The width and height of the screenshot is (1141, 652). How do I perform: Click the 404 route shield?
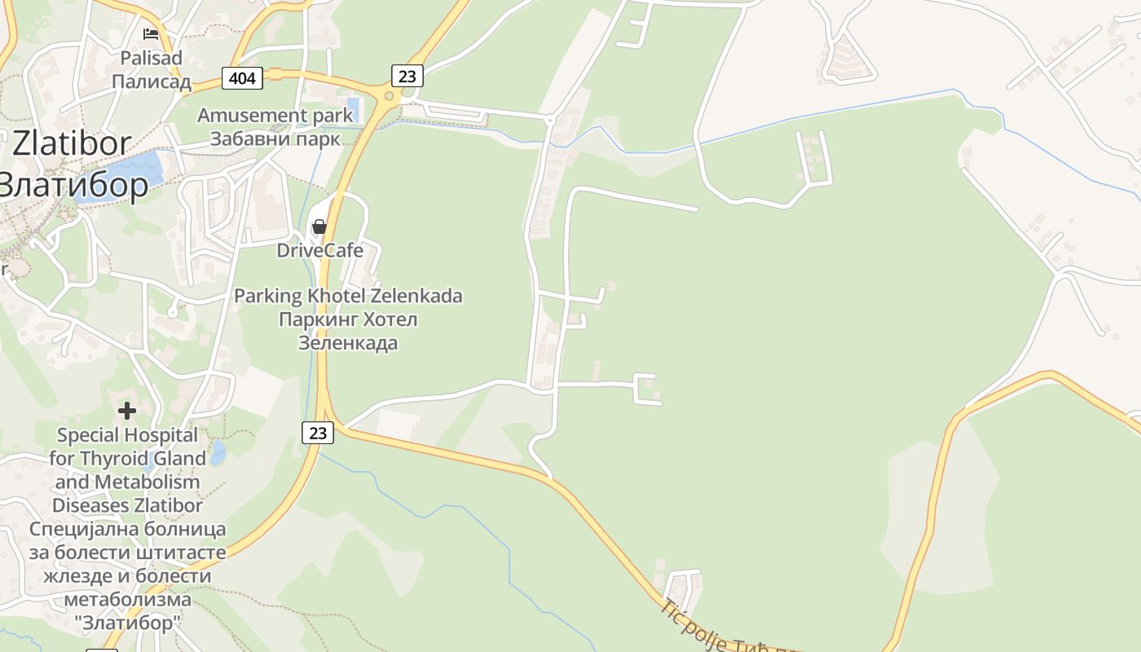click(242, 78)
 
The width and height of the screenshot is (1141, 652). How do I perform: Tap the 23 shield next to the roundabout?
click(407, 77)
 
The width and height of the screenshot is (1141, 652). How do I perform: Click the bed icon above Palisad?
click(151, 34)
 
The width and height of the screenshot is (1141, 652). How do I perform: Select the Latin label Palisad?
click(152, 59)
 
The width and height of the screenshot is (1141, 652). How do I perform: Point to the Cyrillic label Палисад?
click(152, 81)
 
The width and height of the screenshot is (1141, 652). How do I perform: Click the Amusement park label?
click(275, 116)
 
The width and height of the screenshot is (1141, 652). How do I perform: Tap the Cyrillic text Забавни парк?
click(275, 139)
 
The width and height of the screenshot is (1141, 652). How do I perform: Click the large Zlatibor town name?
click(71, 144)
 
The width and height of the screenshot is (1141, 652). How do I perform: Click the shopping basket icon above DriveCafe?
click(319, 227)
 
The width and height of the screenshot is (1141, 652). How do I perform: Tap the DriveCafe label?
click(319, 250)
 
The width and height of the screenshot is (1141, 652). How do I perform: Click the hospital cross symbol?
click(127, 411)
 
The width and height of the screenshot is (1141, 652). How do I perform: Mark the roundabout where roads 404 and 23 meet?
click(389, 96)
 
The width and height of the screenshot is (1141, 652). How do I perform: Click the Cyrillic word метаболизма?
click(127, 600)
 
